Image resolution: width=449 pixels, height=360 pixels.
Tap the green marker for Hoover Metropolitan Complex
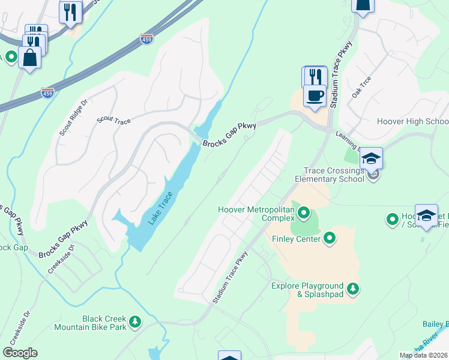[304, 212]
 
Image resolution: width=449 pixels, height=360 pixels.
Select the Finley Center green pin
[330, 239]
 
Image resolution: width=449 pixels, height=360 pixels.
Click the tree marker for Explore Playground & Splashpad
[354, 289]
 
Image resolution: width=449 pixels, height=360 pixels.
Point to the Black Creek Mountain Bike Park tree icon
[136, 322]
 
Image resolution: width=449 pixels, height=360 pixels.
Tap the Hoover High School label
[412, 121]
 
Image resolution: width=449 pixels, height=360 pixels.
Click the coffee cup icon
[315, 95]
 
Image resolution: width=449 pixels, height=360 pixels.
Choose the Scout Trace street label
[114, 121]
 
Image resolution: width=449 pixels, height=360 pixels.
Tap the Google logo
[20, 353]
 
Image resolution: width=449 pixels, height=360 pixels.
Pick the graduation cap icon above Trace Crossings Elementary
[372, 158]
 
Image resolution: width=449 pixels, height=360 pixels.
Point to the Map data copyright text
[424, 355]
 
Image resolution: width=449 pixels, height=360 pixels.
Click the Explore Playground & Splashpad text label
[307, 290]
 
